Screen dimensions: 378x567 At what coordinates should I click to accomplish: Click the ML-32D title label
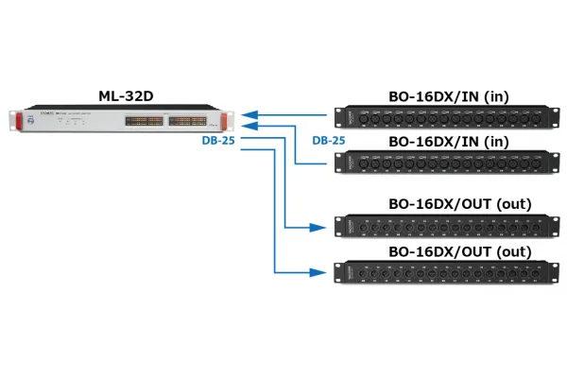(128, 94)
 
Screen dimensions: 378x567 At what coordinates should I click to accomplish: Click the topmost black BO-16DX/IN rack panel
(438, 116)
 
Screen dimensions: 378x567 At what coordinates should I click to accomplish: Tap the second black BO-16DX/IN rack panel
(438, 163)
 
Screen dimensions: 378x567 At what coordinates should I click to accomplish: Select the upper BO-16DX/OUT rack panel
(439, 228)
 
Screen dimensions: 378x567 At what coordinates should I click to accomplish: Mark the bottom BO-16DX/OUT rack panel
(439, 272)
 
